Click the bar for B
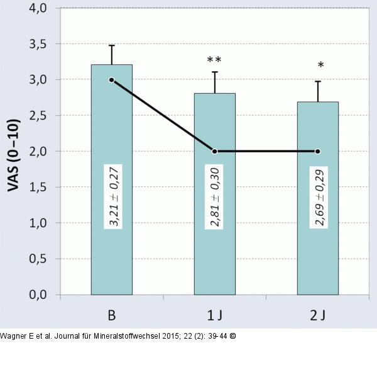coord(111,252)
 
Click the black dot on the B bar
coord(111,80)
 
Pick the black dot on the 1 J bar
coord(214,151)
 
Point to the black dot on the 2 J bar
coord(317,151)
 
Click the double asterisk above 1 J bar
coord(214,60)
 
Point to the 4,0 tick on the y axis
coord(38,8)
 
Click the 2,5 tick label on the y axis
coord(38,116)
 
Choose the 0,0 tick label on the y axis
coord(38,295)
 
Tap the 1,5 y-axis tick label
coord(38,188)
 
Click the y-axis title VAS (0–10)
coord(13,151)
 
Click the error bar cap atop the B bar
coord(111,45)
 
